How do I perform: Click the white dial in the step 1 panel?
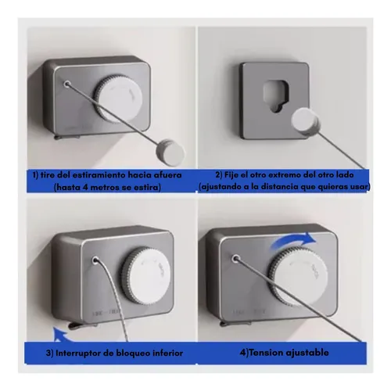click(118, 99)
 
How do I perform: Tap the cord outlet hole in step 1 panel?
click(67, 84)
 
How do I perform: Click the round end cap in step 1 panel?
click(170, 153)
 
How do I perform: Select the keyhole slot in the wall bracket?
click(276, 95)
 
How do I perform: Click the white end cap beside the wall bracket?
click(306, 122)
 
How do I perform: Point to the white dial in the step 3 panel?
click(146, 275)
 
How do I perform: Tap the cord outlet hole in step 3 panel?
click(95, 260)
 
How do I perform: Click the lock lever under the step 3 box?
click(81, 325)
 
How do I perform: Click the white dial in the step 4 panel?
click(298, 276)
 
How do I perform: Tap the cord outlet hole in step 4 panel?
click(236, 258)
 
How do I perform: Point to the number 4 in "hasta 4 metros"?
click(85, 187)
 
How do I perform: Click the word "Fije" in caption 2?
click(231, 174)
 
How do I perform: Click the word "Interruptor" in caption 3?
click(78, 353)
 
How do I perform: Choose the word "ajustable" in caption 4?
click(307, 353)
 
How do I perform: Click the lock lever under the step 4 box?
click(235, 324)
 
